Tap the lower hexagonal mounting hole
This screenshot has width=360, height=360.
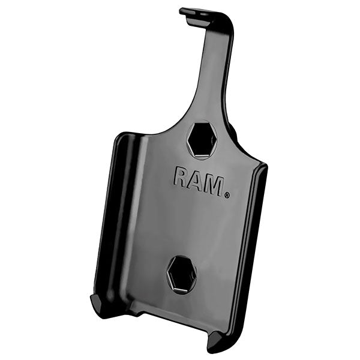click(182, 275)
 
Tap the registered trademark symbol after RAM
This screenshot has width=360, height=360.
click(226, 194)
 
